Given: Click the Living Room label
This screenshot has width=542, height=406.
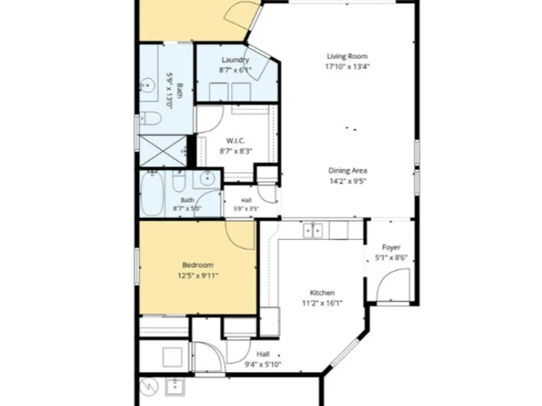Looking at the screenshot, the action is tap(347, 56).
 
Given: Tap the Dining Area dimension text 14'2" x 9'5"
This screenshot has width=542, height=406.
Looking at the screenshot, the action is tap(347, 181).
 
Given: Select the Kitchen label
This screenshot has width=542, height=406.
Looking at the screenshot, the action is tap(322, 293).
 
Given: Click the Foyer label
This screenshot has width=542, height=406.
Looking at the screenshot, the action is tap(391, 247).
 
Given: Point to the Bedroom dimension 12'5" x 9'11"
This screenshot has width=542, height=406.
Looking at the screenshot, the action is tap(198, 276).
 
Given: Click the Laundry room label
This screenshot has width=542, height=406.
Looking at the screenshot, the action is tap(235, 60).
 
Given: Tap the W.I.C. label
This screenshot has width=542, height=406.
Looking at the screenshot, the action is tap(236, 141).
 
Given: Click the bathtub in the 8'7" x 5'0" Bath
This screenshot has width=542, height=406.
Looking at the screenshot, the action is tap(152, 193).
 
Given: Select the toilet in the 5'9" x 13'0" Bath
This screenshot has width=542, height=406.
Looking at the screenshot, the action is tap(150, 119).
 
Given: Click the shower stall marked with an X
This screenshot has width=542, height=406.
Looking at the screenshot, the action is tap(163, 150).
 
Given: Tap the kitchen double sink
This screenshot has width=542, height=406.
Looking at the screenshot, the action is tap(313, 230).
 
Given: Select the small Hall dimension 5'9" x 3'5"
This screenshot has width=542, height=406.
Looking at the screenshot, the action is tap(246, 208).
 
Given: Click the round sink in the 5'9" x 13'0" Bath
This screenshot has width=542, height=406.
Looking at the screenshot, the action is tap(148, 84).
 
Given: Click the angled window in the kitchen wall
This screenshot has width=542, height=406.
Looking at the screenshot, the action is tap(345, 352).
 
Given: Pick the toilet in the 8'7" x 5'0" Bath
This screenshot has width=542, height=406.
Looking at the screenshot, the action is tap(179, 182).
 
